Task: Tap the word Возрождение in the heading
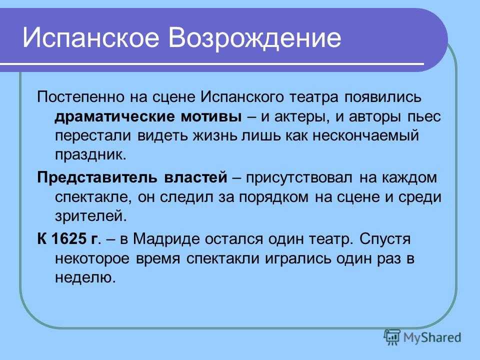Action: tap(254, 38)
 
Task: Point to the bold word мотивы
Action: tap(211, 117)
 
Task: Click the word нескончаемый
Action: tap(365, 135)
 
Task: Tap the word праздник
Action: tap(90, 155)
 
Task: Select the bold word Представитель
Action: tap(97, 177)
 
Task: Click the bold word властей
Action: tap(195, 177)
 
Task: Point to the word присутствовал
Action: tap(299, 178)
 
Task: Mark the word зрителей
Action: tap(90, 216)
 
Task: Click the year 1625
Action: tap(69, 238)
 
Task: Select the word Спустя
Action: tap(385, 239)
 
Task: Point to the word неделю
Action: tap(85, 277)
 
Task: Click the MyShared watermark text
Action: tap(432, 337)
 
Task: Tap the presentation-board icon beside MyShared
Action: tap(392, 337)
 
